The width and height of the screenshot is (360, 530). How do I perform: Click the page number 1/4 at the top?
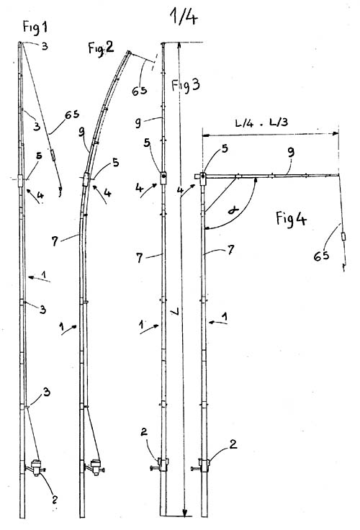coord(184,16)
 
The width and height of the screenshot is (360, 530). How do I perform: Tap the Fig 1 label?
coord(35,27)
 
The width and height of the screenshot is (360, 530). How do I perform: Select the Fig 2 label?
coord(101,48)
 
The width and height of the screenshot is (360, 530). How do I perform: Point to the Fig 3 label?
coord(185,85)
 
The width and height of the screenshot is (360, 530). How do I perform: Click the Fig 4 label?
coord(291,219)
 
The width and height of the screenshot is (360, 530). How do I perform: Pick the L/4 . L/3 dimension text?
coord(261,122)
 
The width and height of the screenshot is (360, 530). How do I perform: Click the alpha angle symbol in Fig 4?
coord(233,210)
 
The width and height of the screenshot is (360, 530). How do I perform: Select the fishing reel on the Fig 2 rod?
coord(94,467)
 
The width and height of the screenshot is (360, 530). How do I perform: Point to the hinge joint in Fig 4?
coord(202,178)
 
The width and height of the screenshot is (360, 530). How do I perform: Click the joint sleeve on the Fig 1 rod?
coord(21,181)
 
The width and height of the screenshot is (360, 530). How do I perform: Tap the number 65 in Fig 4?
coord(321,256)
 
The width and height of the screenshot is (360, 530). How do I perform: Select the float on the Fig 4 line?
coord(343,236)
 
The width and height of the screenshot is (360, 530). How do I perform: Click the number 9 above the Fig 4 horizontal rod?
coord(291,152)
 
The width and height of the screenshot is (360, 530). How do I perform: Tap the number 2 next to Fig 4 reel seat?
coord(233,444)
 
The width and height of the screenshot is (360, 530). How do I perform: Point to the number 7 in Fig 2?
coord(55,241)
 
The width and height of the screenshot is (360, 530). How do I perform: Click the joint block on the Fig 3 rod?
coord(163,178)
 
